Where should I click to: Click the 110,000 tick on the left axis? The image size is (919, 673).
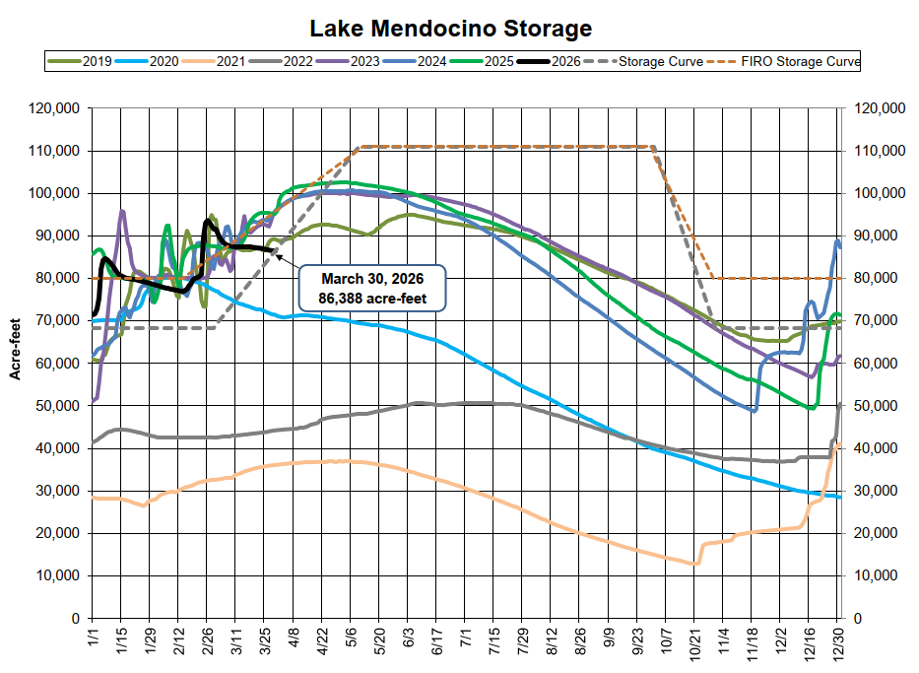pos(56,151)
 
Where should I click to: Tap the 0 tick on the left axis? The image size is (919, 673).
pos(75,618)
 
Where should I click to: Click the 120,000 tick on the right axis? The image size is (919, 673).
pos(876,108)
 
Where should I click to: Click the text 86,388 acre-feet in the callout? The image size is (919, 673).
pos(371,297)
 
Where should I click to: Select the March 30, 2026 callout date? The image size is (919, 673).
pos(371,277)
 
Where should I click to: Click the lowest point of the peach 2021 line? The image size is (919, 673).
pos(693,565)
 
